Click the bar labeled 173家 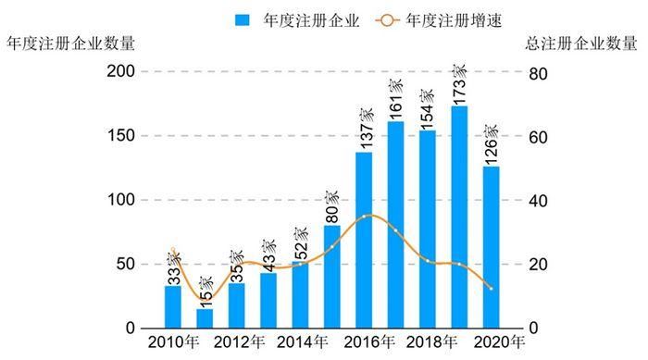tap(459, 217)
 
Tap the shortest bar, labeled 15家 tap(205, 318)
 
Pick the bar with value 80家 tap(331, 277)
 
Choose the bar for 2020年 tap(491, 247)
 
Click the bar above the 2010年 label tap(173, 307)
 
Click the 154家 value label tap(427, 109)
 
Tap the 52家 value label tap(300, 243)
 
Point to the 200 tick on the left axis tap(123, 72)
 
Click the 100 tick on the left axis tap(123, 201)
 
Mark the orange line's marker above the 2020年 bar tap(491, 289)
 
